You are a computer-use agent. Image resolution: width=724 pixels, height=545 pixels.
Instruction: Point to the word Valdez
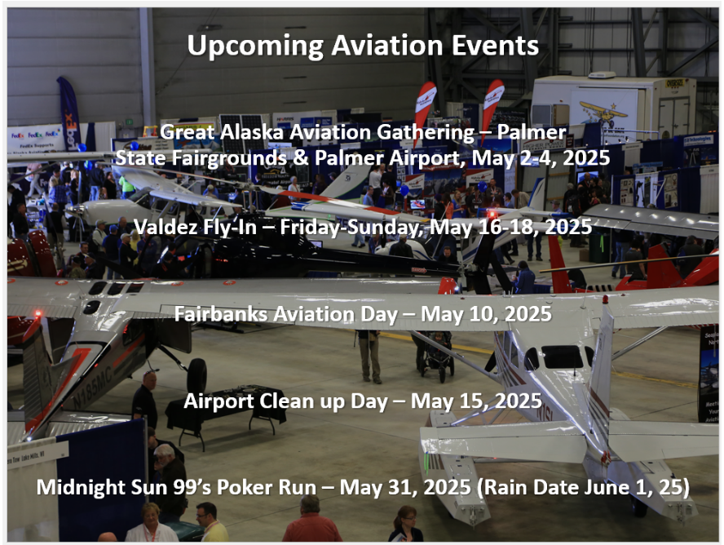coord(163,227)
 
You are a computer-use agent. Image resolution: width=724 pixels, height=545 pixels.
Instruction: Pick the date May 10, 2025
coord(486,315)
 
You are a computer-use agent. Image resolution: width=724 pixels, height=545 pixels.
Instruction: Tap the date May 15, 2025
coord(476,401)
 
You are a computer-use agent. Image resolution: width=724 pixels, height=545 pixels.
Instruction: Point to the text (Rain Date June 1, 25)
coord(583,488)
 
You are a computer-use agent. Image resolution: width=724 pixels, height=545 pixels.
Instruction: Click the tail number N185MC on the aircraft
coord(92,387)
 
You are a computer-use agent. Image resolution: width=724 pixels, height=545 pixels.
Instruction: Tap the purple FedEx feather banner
coord(69,113)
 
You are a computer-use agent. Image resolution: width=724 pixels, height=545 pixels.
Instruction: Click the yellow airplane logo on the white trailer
coord(602,111)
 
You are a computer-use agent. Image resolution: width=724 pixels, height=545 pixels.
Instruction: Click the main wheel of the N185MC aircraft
coord(197,376)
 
